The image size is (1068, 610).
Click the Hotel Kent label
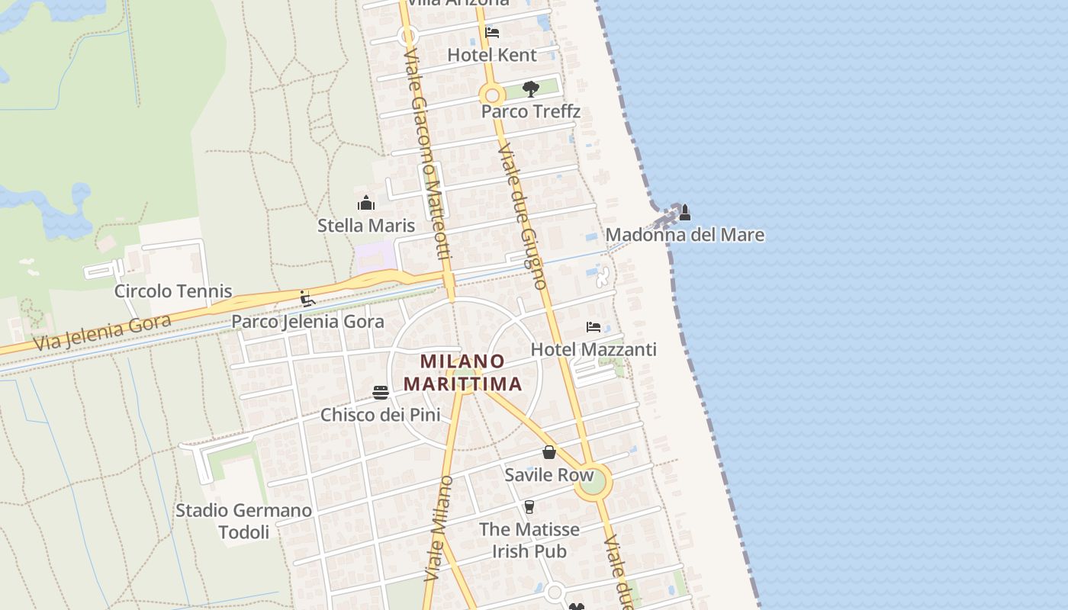point(492,55)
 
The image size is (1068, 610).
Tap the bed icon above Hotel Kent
point(492,32)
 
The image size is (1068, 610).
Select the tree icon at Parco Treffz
point(531,89)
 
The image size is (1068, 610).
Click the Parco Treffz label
point(531,111)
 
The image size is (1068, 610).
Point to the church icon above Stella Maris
point(366,203)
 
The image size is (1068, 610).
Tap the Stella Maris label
point(366,226)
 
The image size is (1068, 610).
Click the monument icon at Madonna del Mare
point(684,212)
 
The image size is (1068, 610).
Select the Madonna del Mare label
point(684,235)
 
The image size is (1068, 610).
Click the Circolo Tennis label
point(173,291)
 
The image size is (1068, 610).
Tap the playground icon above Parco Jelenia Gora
point(307,299)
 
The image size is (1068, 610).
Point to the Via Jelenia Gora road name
point(101,332)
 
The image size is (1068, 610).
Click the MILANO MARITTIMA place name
point(463,372)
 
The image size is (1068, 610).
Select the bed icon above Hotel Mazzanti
point(594,327)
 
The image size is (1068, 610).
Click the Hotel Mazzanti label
point(594,350)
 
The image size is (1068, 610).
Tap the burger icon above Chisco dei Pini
point(381,393)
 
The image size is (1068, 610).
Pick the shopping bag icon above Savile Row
point(549,452)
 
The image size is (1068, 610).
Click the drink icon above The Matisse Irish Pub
point(529,507)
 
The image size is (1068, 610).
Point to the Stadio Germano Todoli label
point(244,521)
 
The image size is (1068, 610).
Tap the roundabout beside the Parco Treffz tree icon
point(492,96)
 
